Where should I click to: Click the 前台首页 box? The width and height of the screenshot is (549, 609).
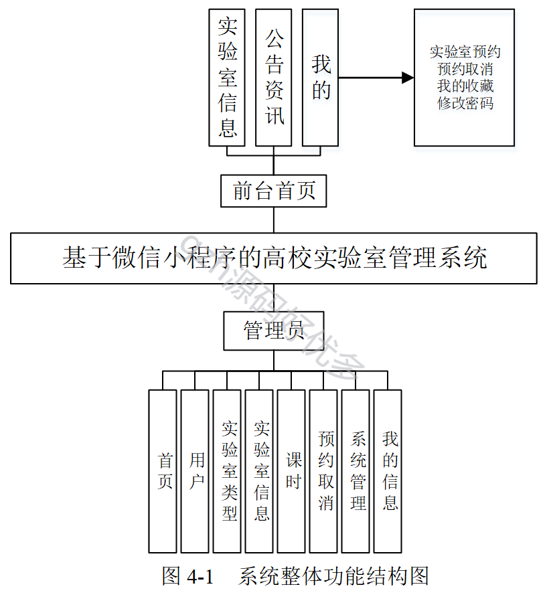coord(274,191)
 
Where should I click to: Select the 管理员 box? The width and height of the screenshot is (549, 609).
coord(274,331)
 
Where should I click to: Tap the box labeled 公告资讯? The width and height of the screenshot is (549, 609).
coord(274,78)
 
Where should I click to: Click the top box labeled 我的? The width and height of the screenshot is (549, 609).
coord(320,78)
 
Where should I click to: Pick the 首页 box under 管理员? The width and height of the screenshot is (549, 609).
coord(163,471)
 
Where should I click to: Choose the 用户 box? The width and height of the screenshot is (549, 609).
coord(195,471)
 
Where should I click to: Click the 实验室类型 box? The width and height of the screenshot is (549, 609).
coord(227,471)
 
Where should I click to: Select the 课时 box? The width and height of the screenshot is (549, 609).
coord(291,471)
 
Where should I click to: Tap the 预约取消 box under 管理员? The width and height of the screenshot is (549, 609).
coord(323,471)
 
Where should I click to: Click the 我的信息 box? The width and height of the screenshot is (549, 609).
coord(388,471)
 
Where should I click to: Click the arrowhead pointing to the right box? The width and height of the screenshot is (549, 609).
coord(408,78)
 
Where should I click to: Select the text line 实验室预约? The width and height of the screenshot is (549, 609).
coord(465,52)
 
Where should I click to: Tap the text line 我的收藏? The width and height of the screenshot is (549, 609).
coord(465,86)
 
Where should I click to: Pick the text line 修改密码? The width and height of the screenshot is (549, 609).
coord(465,103)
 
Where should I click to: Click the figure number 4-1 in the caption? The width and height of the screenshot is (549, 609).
coord(200,576)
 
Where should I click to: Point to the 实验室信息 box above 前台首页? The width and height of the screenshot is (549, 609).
coord(227,78)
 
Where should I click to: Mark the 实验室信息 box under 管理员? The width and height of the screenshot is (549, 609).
coord(259,471)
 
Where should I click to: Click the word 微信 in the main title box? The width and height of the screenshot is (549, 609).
coord(136,258)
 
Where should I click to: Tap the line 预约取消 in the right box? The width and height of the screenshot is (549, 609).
coord(465,69)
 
